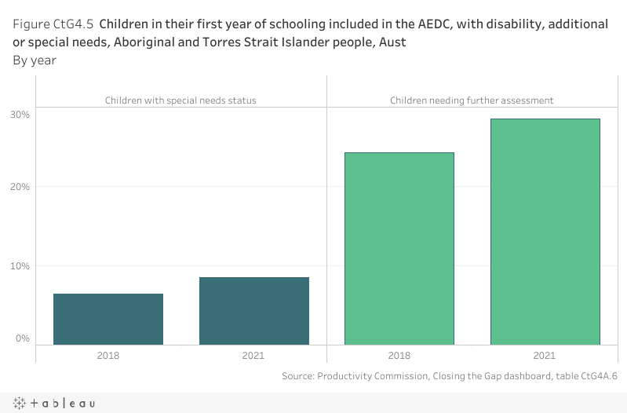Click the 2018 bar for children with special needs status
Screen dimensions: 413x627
pos(108,319)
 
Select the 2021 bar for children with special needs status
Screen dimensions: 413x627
pos(254,311)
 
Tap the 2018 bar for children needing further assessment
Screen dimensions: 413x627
pos(399,248)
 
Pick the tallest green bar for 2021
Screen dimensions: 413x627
pos(545,232)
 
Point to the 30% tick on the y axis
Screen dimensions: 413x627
pos(20,115)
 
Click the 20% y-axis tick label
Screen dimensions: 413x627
pos(20,187)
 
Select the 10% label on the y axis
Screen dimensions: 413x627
pos(20,266)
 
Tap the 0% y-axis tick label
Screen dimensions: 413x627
pos(22,339)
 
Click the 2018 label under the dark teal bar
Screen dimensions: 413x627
pos(108,356)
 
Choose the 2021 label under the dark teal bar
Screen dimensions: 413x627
pos(253,356)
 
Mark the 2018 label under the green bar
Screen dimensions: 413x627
pos(399,356)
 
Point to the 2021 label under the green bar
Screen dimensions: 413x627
pos(545,356)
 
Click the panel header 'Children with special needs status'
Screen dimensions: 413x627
pos(180,101)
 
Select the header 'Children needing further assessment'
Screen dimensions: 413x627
pos(472,101)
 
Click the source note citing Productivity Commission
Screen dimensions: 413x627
pos(450,376)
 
